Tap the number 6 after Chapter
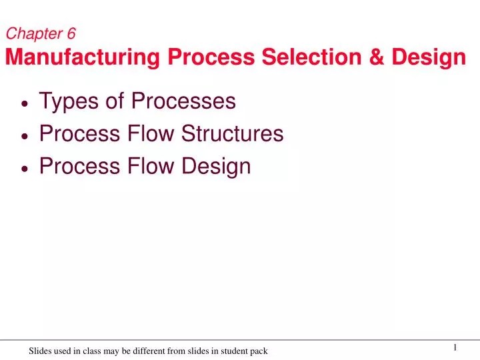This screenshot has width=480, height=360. (x=71, y=34)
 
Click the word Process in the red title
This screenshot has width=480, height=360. (x=211, y=58)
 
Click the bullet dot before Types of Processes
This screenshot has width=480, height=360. (x=25, y=103)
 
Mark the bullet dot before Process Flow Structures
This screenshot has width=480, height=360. (x=25, y=135)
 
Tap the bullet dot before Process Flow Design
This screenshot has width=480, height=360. (x=25, y=168)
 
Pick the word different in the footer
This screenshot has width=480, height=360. (x=155, y=351)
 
